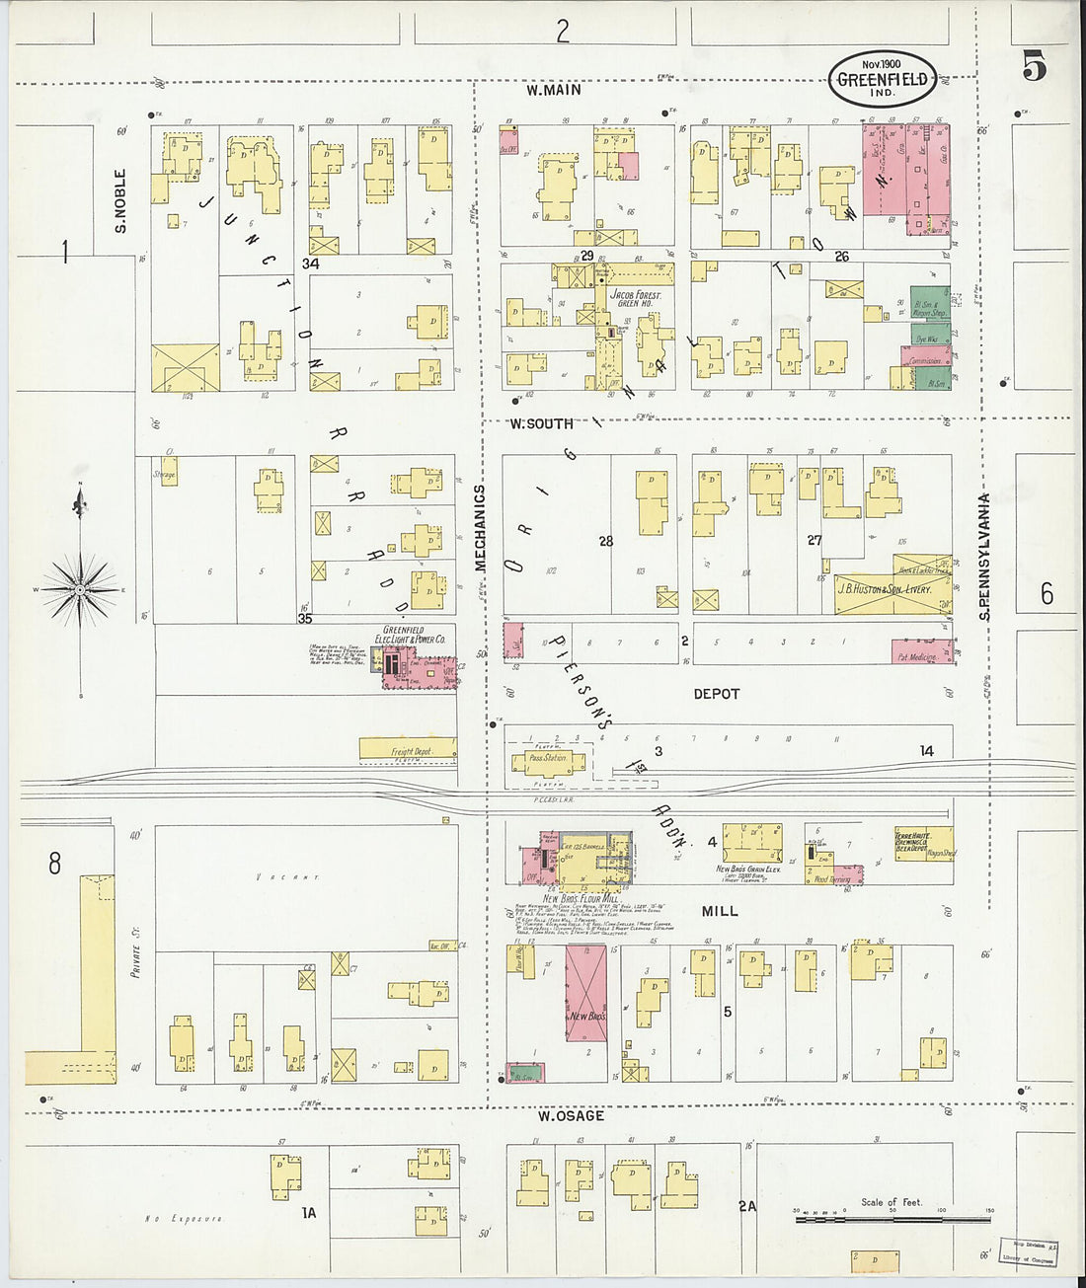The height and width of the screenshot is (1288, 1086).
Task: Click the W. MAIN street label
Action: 553,90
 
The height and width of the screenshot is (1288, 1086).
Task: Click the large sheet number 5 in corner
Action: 1034,66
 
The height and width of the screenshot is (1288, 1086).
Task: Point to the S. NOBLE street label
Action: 120,200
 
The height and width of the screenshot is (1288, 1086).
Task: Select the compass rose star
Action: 80,590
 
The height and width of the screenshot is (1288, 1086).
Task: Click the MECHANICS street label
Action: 481,528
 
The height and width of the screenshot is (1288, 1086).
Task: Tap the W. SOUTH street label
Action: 541,423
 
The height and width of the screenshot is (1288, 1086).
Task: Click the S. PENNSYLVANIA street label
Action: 984,558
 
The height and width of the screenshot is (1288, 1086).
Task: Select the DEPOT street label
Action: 716,694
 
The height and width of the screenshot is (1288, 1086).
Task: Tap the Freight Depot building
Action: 408,751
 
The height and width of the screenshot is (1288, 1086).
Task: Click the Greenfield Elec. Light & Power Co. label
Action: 413,635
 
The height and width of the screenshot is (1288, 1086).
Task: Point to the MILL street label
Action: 720,911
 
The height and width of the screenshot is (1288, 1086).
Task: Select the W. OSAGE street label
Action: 571,1116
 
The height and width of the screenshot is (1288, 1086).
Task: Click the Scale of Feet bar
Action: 892,1220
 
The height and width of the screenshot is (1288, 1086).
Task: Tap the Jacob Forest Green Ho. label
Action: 635,298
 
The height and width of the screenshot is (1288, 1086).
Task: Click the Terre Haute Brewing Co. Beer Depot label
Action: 914,840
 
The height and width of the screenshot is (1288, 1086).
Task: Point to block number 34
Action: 311,264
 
